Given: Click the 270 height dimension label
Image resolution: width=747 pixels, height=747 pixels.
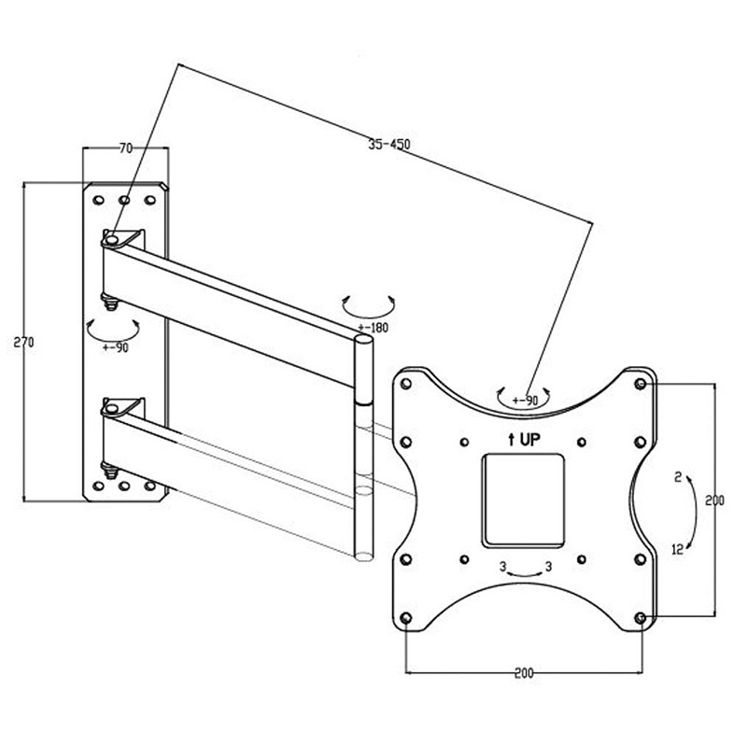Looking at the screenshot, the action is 23,342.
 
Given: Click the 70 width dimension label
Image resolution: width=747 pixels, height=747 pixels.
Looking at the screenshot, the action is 126,148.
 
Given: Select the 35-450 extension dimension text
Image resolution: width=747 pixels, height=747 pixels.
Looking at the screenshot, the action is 389,144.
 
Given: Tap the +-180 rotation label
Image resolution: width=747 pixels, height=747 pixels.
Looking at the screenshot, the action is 373,328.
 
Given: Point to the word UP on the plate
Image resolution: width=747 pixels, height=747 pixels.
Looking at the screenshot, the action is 529,440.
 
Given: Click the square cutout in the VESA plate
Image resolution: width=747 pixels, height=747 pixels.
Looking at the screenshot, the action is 523,500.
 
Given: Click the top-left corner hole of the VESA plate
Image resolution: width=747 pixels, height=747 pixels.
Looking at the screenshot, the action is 406,384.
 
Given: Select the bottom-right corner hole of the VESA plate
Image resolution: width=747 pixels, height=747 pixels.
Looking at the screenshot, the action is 641,618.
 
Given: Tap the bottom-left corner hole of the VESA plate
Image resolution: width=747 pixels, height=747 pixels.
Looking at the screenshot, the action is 406,618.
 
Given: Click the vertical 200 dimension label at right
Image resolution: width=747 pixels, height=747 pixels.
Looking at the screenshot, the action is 714,500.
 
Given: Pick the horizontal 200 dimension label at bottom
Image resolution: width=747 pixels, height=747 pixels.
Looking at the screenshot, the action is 524,673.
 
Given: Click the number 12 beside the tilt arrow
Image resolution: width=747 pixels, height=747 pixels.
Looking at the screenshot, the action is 678,549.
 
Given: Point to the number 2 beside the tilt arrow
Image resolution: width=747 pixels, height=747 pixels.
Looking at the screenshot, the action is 679,477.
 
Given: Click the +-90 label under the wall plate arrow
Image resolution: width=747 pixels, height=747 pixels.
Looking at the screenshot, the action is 115,347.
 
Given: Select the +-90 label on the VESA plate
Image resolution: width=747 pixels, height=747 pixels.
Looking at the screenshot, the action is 525,401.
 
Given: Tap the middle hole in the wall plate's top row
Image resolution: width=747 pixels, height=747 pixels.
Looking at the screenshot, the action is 124,200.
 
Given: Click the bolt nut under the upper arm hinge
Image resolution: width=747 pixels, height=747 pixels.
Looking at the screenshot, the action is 110,303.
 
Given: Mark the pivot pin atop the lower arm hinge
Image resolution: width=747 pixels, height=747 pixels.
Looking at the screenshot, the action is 112,409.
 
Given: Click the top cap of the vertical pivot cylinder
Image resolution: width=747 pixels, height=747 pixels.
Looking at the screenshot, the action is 364,339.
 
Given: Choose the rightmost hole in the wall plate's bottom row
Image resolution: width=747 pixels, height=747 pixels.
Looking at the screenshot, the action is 150,486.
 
